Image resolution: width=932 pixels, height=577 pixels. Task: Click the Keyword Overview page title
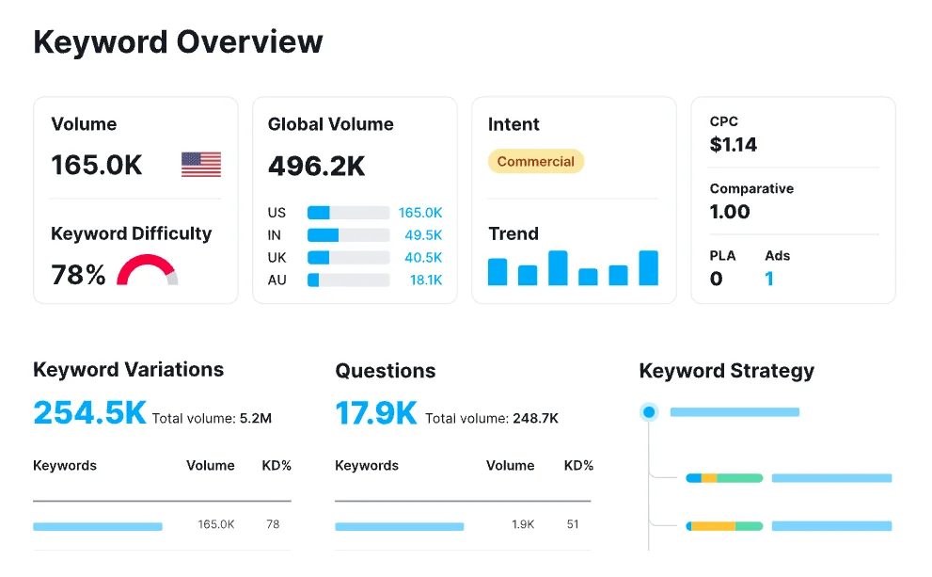[x=178, y=42]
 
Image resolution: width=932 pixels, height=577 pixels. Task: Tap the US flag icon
[x=201, y=165]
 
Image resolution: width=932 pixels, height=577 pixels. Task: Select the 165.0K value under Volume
[x=97, y=166]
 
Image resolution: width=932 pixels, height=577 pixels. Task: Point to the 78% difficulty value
[x=78, y=275]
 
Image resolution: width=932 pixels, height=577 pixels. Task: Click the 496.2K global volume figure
[x=316, y=166]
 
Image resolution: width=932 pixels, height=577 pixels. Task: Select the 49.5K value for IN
[x=423, y=235]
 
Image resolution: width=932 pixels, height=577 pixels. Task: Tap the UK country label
[x=276, y=258]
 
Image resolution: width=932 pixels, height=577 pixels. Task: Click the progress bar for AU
[x=348, y=280]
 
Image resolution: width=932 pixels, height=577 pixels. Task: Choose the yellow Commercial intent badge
[x=535, y=162]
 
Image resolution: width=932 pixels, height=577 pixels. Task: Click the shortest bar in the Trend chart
[x=588, y=277]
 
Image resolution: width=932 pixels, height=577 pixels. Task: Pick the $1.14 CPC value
[x=733, y=145]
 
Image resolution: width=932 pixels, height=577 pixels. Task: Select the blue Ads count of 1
[x=769, y=279]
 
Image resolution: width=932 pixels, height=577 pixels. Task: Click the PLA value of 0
[x=716, y=279]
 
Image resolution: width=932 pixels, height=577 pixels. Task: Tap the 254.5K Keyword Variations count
[x=89, y=413]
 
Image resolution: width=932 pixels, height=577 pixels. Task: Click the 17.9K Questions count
[x=375, y=413]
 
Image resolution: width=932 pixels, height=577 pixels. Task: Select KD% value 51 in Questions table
[x=573, y=524]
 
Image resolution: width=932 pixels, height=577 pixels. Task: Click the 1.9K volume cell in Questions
[x=524, y=524]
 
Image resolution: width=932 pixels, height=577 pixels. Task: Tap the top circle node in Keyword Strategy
[x=648, y=412]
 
